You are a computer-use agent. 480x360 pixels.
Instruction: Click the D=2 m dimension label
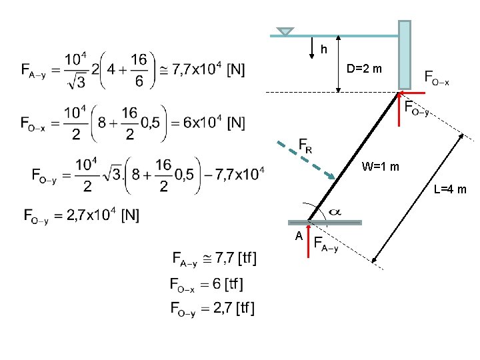click(x=363, y=69)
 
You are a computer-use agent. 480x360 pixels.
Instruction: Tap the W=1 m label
click(x=381, y=167)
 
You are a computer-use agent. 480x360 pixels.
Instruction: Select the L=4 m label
click(x=450, y=190)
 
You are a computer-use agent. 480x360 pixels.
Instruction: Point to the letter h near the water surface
click(x=323, y=49)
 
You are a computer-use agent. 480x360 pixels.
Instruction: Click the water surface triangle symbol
click(x=285, y=31)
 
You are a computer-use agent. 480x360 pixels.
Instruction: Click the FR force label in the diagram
click(x=305, y=145)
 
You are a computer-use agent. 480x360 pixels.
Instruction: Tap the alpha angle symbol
click(x=336, y=211)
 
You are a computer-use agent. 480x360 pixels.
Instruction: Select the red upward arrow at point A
click(x=308, y=240)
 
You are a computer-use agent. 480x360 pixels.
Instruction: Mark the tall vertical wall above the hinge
click(x=404, y=54)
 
